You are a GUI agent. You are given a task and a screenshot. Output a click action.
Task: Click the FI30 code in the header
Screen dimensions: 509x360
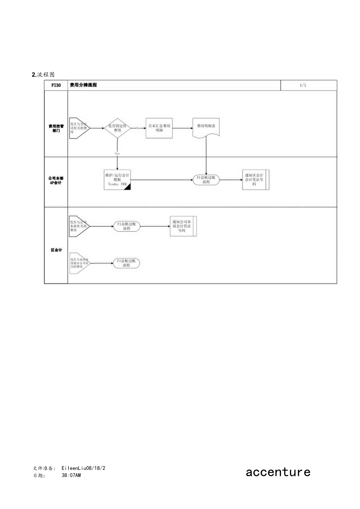pos(56,85)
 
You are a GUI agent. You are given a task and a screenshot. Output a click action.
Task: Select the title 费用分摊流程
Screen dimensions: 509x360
pos(83,85)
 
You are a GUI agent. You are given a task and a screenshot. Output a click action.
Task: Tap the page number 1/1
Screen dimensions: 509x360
pos(303,85)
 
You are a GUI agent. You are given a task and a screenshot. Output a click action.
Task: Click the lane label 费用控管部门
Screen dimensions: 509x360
pos(56,128)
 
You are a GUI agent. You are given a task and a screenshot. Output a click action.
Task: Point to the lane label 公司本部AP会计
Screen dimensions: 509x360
pos(56,180)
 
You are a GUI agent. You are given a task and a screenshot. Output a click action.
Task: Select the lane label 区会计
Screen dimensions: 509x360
pos(56,250)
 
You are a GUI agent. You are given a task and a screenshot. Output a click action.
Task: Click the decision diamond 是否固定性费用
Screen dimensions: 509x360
pos(117,128)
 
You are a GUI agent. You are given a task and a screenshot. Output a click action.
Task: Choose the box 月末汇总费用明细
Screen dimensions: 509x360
pos(159,128)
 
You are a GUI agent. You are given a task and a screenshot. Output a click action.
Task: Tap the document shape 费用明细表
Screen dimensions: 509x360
pos(206,127)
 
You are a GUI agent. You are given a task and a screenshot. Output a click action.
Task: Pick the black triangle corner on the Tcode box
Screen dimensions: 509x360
pos(127,187)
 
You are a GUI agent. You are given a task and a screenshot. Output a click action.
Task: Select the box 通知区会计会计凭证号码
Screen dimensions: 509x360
pos(256,180)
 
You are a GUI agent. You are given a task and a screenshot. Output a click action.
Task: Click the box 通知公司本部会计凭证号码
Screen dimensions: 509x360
pos(183,226)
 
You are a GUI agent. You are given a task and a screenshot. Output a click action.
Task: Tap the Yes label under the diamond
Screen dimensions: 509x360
pos(117,154)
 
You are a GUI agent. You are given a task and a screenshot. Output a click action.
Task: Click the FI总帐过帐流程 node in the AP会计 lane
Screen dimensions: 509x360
pos(206,180)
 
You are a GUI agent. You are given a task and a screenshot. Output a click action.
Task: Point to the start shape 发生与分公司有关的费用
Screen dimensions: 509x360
pos(79,128)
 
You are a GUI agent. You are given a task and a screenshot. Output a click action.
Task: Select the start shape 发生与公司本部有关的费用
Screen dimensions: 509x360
pos(79,226)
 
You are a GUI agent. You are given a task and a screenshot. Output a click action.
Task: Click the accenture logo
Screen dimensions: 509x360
pos(278,472)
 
